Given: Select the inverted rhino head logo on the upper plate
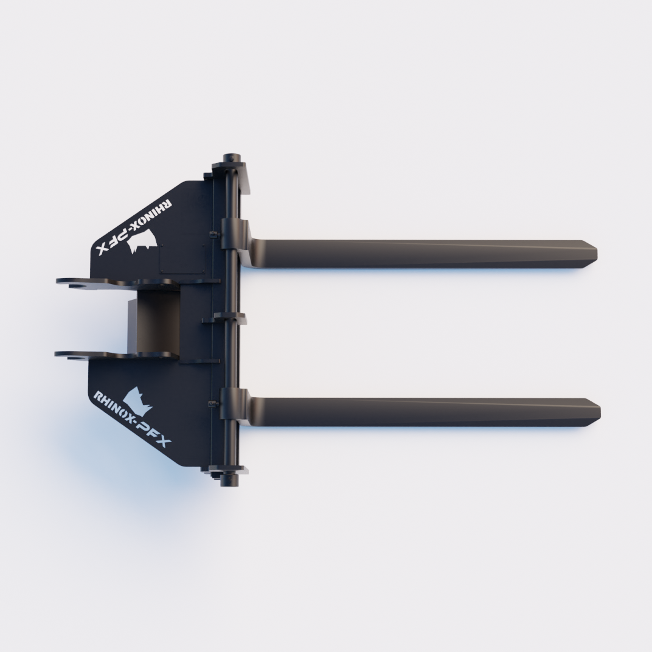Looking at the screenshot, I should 145,241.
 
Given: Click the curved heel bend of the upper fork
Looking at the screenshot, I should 259,247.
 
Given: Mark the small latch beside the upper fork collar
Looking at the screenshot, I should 213,234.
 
